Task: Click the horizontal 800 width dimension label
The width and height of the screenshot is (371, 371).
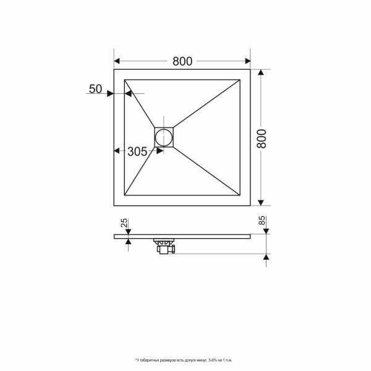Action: click(x=182, y=61)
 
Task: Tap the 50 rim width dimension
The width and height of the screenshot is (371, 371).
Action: click(x=95, y=89)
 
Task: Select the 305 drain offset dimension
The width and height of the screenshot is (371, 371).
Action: click(x=137, y=152)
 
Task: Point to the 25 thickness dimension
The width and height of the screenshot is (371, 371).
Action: click(x=124, y=223)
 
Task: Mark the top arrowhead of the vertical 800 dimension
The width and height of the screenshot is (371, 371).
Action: click(x=261, y=74)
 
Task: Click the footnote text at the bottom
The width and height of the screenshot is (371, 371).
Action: click(x=183, y=360)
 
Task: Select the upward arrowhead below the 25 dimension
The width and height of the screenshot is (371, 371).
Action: click(x=127, y=241)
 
